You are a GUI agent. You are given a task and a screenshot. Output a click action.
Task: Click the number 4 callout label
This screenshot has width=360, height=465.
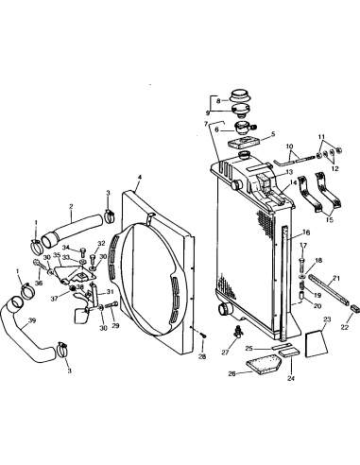(139, 177)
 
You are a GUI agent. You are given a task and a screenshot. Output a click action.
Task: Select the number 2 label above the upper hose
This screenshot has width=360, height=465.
(70, 207)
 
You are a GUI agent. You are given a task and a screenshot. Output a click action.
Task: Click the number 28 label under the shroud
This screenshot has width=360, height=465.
(201, 358)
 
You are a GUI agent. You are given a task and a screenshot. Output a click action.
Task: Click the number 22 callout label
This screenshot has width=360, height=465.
(343, 327)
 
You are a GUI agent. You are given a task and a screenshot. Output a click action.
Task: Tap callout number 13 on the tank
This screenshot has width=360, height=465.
(289, 172)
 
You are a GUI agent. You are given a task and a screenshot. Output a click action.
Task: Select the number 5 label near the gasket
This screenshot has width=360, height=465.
(272, 133)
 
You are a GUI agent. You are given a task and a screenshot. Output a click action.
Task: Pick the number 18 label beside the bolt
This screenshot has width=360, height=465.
(317, 260)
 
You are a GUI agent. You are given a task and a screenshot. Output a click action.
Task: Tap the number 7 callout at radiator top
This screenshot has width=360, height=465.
(204, 124)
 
